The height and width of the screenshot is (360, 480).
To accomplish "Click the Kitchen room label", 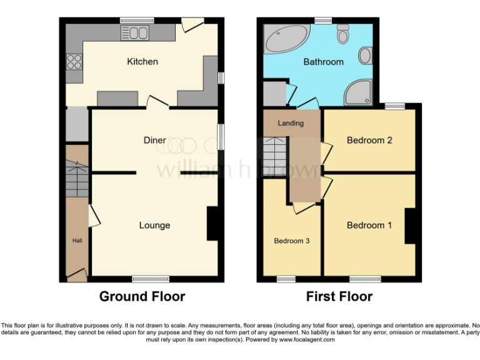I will (x=142, y=61).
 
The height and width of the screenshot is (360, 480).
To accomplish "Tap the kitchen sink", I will (x=138, y=33).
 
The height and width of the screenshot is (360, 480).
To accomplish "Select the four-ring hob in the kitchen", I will (x=74, y=61).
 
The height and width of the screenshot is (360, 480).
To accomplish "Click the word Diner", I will (x=154, y=140).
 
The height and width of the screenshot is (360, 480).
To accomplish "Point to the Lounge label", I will (x=154, y=225).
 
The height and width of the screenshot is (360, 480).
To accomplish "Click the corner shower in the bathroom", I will (x=359, y=94).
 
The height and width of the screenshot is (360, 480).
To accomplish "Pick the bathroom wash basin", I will (x=365, y=57).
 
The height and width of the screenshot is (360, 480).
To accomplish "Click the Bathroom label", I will (x=323, y=62).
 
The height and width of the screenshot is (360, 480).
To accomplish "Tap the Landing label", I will (x=291, y=123).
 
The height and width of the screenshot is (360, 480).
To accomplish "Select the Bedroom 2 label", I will (x=369, y=140).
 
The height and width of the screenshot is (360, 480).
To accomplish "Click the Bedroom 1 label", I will (x=369, y=225).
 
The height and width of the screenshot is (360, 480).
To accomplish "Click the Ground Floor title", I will (x=142, y=296).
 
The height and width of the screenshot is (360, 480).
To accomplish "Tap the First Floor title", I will (x=339, y=296).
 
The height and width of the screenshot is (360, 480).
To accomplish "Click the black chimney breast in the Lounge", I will (x=213, y=224).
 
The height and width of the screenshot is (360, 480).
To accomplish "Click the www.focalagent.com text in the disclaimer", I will (x=307, y=340).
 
